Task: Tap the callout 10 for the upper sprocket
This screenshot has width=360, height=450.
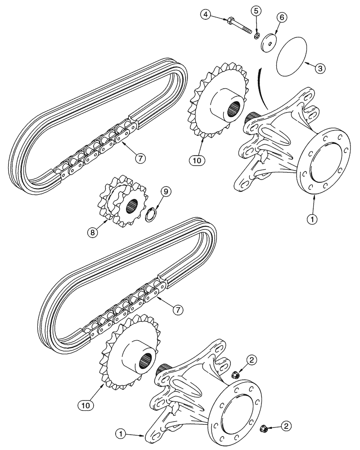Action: pyautogui.click(x=198, y=159)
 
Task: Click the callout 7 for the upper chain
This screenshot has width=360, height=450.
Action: pyautogui.click(x=141, y=157)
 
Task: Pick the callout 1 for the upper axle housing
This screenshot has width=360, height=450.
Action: pyautogui.click(x=311, y=219)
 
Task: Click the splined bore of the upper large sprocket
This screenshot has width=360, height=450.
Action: pyautogui.click(x=236, y=109)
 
